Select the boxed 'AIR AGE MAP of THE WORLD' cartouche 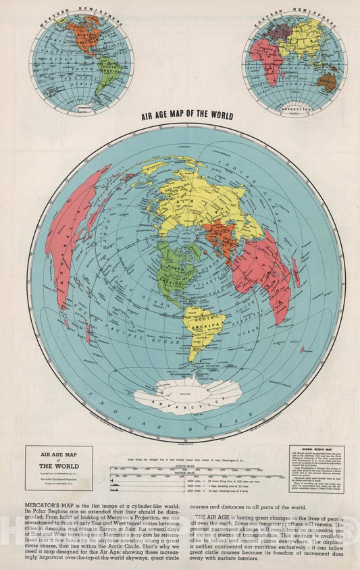click(58, 467)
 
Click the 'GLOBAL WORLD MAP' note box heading click(315, 450)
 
